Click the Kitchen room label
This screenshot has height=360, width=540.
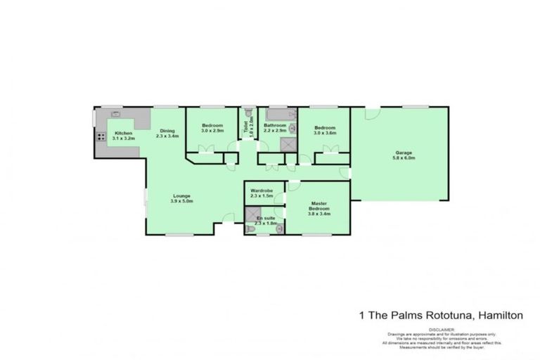[x=124, y=133]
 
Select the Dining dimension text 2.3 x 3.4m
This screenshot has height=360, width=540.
[x=167, y=136]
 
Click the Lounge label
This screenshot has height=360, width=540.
[x=181, y=195]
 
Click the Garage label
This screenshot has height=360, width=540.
[x=403, y=153]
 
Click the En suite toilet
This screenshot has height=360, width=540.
[x=250, y=229]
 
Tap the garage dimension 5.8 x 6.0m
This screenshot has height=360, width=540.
[x=404, y=158]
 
